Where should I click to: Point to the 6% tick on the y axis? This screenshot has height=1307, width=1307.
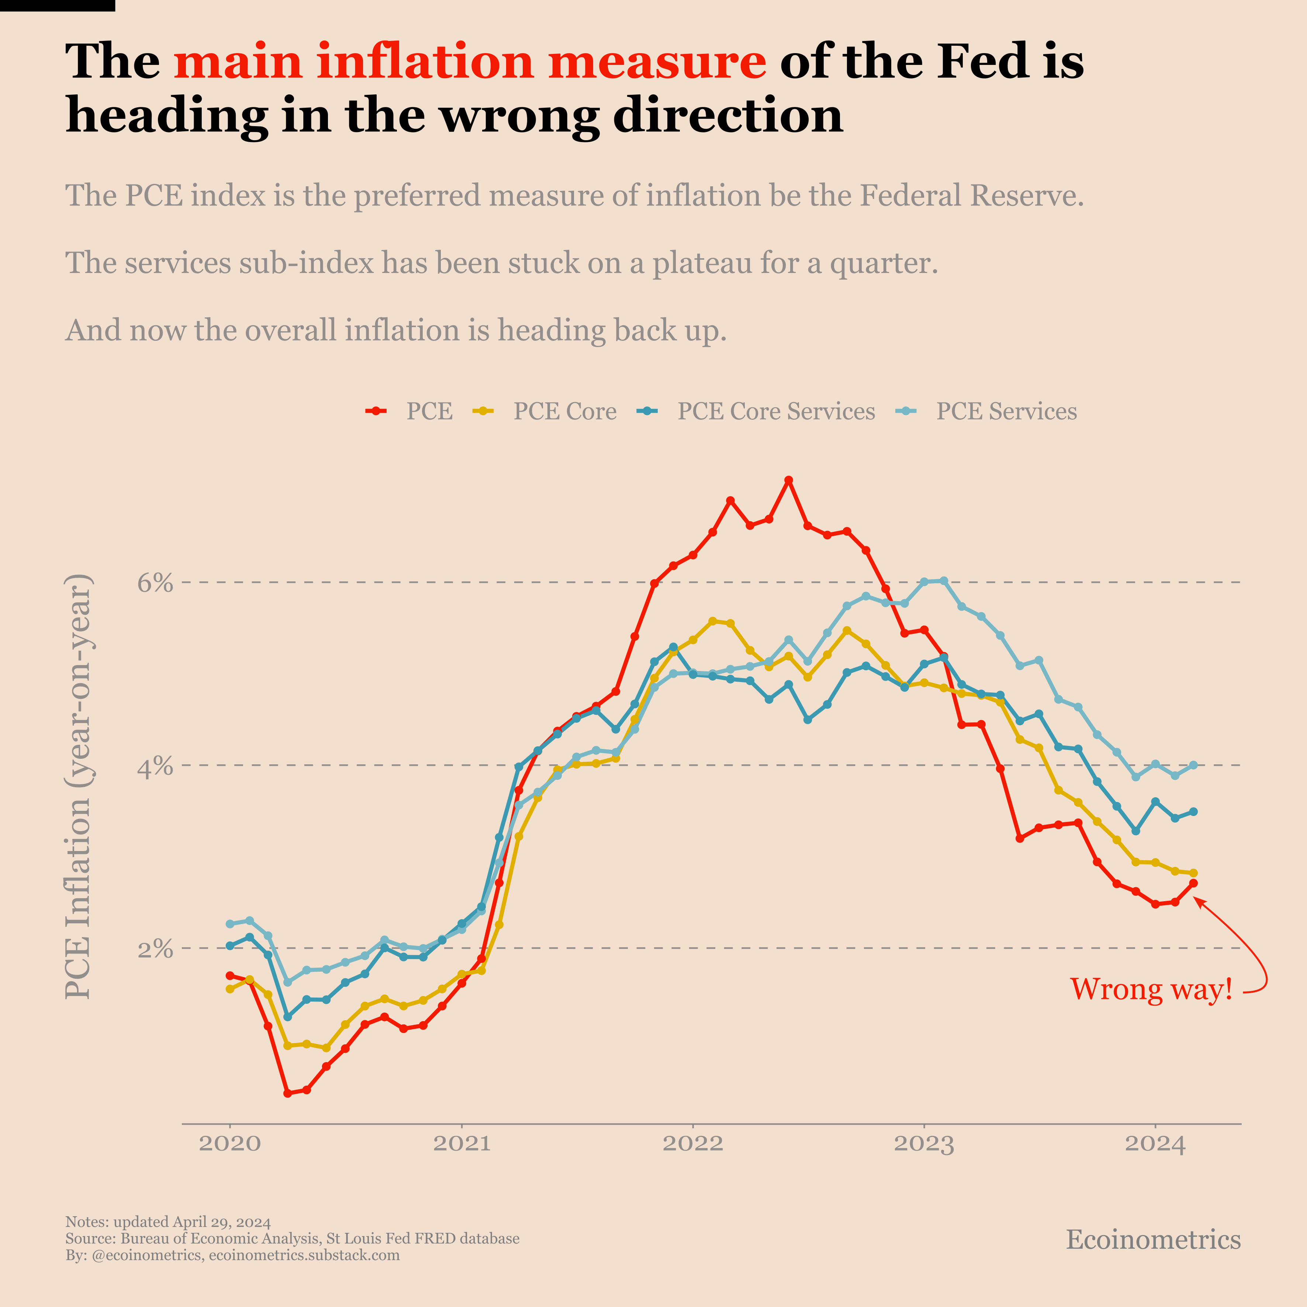(156, 582)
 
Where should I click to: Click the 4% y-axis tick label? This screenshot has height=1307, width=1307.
(156, 766)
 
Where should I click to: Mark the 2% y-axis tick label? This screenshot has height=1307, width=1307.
(156, 949)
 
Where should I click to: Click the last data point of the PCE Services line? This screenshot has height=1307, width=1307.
(1193, 765)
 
